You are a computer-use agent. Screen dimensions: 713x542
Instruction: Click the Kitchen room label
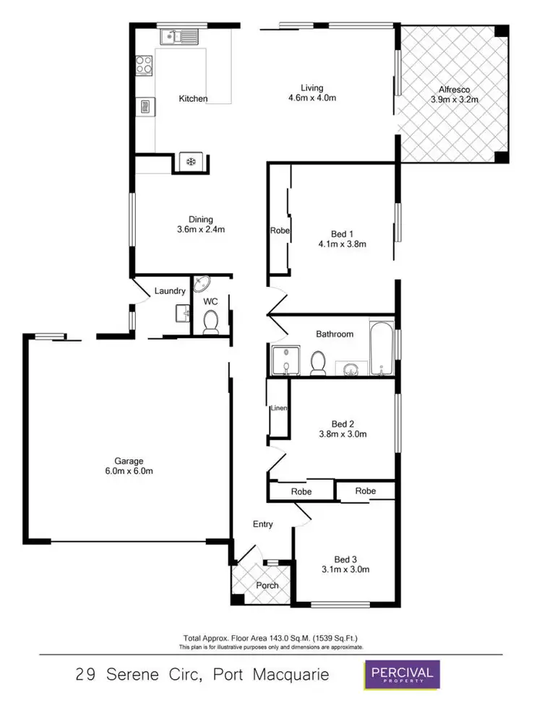click(193, 98)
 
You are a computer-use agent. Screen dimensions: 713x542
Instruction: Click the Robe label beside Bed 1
click(280, 231)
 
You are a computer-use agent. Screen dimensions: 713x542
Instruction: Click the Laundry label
click(171, 291)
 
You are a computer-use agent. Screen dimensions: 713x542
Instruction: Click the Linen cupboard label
click(279, 409)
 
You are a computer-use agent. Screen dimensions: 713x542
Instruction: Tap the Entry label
click(262, 524)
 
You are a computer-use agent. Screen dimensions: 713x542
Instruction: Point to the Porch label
click(267, 585)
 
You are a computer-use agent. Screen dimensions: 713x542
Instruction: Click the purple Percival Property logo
click(401, 676)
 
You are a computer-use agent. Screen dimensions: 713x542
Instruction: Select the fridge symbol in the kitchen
click(192, 162)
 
